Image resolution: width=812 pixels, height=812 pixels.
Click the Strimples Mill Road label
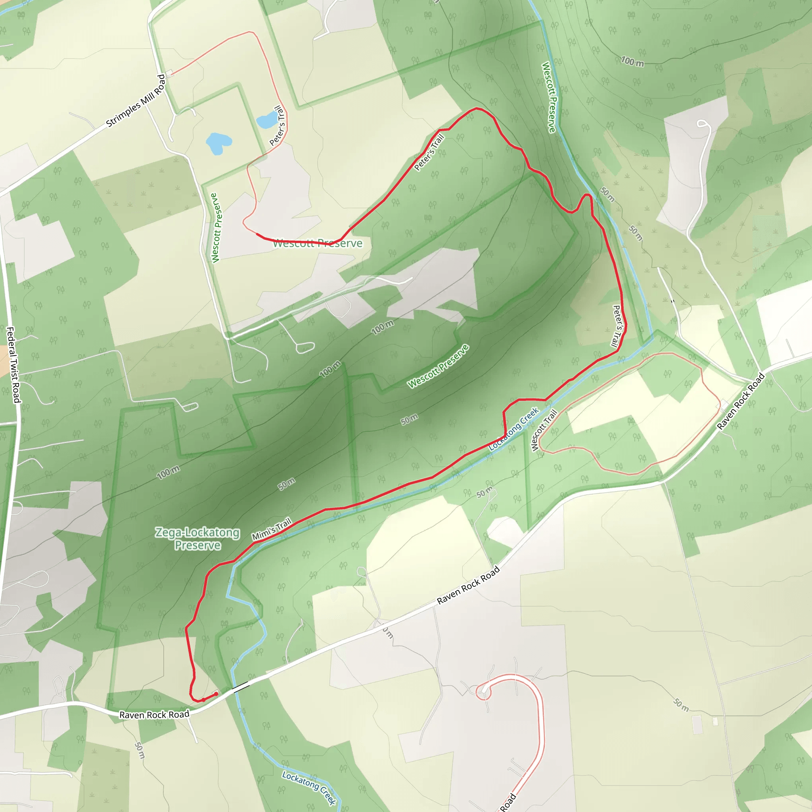tap(135, 101)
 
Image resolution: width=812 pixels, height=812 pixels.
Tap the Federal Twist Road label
tap(13, 365)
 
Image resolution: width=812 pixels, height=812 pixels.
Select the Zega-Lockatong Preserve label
tap(197, 538)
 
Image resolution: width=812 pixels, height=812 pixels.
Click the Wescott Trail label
tap(544, 430)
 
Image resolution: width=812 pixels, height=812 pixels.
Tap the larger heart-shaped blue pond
tap(218, 143)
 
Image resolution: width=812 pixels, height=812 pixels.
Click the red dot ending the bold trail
tap(216, 694)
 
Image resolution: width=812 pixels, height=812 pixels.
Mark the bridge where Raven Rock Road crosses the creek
tap(241, 688)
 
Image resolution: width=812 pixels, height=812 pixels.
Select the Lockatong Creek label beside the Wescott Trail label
tap(513, 429)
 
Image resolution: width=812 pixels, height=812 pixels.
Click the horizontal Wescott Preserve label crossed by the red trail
tap(318, 243)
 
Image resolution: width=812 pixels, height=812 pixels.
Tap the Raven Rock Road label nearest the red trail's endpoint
tap(154, 714)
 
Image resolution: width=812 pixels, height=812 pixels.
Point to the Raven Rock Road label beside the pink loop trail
tap(741, 401)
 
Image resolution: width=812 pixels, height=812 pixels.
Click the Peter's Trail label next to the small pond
tap(278, 126)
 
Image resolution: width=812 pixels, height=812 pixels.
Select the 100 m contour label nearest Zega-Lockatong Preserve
tap(168, 472)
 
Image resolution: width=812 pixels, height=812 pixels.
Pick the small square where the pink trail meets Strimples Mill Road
tap(169, 75)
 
